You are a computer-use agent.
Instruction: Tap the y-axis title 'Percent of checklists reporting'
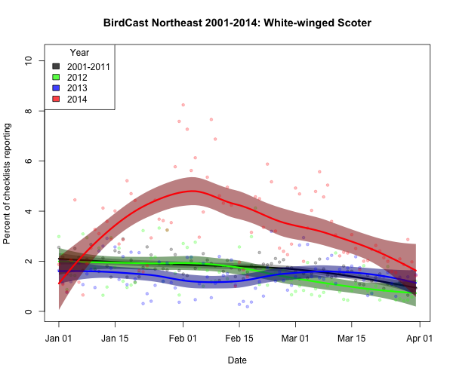(8, 185)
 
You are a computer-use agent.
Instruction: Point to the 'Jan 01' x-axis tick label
(59, 339)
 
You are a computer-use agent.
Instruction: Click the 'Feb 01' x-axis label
(183, 339)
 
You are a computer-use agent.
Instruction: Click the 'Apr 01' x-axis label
(418, 339)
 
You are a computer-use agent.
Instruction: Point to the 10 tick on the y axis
(28, 61)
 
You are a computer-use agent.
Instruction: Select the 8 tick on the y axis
(28, 111)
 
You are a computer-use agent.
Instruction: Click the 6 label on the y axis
(28, 161)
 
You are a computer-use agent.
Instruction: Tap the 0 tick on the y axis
(28, 311)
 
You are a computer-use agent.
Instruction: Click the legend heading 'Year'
(79, 53)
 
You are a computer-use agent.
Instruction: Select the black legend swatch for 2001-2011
(56, 66)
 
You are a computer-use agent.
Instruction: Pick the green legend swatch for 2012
(56, 77)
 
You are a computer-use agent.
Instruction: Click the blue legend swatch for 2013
(56, 88)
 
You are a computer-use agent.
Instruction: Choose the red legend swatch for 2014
(56, 99)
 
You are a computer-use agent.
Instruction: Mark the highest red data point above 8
(183, 105)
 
